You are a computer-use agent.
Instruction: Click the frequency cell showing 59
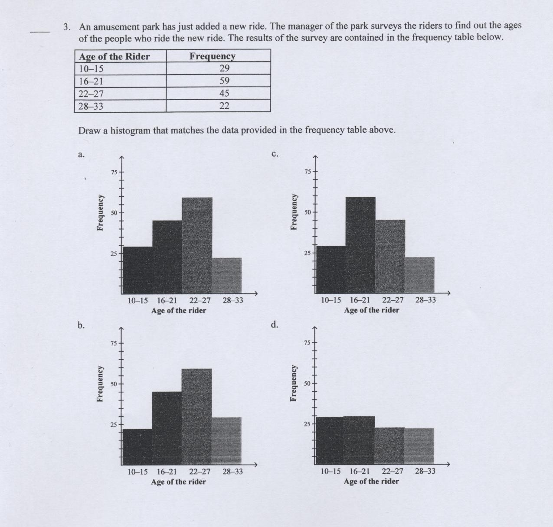[224, 81]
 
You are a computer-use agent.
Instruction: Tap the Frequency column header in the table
[212, 56]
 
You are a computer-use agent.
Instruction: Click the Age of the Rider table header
[114, 56]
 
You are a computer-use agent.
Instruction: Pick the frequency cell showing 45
[224, 94]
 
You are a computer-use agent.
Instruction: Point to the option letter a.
[81, 154]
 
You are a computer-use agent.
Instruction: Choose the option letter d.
[274, 325]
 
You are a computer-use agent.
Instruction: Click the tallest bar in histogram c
[360, 245]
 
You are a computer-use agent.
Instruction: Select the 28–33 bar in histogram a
[227, 275]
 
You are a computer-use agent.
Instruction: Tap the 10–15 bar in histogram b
[137, 446]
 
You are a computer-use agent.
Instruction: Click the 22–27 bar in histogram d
[389, 446]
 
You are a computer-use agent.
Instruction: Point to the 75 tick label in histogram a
[114, 172]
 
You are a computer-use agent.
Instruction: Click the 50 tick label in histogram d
[307, 384]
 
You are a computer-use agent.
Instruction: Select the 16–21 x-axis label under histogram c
[360, 300]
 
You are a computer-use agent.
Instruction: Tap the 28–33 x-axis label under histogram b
[232, 472]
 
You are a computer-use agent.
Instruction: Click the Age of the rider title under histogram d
[371, 481]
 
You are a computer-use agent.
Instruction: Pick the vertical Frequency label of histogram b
[100, 384]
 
